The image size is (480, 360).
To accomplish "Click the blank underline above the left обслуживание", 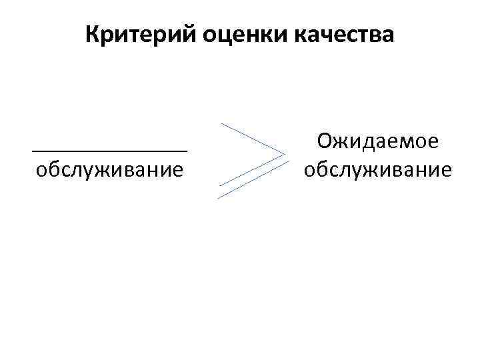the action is pyautogui.click(x=109, y=150).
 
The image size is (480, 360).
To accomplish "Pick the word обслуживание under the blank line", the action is pyautogui.click(x=109, y=169).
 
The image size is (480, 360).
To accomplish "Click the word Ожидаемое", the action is pyautogui.click(x=377, y=141).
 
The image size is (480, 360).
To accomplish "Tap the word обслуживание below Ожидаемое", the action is pyautogui.click(x=377, y=169).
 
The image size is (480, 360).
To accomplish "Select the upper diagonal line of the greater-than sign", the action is pyautogui.click(x=253, y=140).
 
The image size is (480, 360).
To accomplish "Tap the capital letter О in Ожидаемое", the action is pyautogui.click(x=325, y=141).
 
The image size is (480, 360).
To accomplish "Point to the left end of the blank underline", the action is pyautogui.click(x=33, y=150).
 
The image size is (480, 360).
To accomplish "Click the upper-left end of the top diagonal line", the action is pyautogui.click(x=223, y=124).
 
